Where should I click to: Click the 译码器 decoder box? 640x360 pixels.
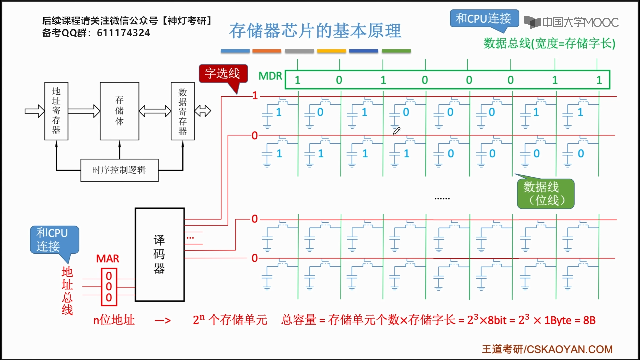coord(160,255)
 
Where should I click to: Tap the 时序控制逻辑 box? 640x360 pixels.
coord(119,170)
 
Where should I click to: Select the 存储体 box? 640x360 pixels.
coord(119,111)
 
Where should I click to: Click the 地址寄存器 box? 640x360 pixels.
coord(56,111)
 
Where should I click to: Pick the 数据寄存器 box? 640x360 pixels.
coord(183,111)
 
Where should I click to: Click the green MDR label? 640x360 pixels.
coord(270,76)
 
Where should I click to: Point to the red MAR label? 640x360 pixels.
coord(107,259)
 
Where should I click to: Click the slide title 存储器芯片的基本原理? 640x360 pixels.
coord(315,31)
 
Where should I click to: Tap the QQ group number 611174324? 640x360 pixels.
coord(123,33)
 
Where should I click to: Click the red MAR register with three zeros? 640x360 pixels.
coord(109,287)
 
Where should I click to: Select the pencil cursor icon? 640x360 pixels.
coord(396,131)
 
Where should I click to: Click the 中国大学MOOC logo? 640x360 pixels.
coord(571,22)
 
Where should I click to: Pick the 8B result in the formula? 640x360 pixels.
coord(589,320)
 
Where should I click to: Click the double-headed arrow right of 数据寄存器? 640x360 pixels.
coord(203,111)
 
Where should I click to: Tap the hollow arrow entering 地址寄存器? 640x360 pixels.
coord(35,111)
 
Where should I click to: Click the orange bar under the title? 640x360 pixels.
coord(267,51)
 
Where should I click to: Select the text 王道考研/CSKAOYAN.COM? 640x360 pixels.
coord(547,349)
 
